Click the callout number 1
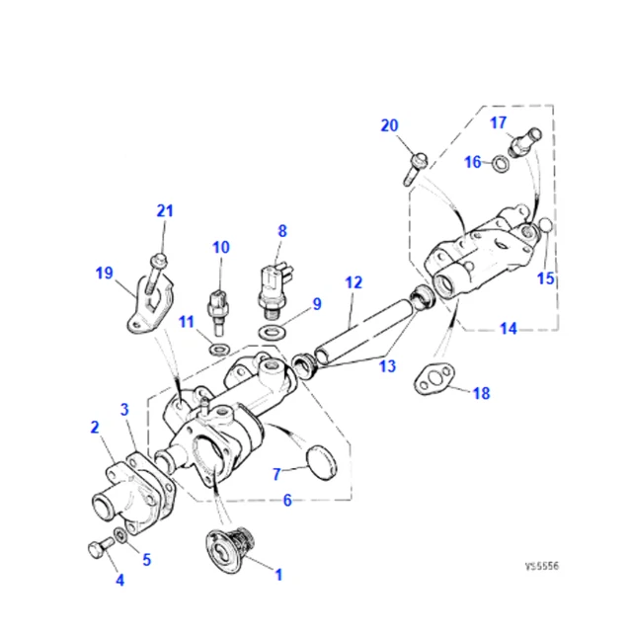(277, 574)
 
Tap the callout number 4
(119, 581)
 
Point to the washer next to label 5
(119, 535)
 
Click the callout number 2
(94, 428)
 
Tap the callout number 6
(287, 501)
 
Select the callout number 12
(353, 282)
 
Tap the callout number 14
(508, 329)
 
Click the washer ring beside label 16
(502, 162)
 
